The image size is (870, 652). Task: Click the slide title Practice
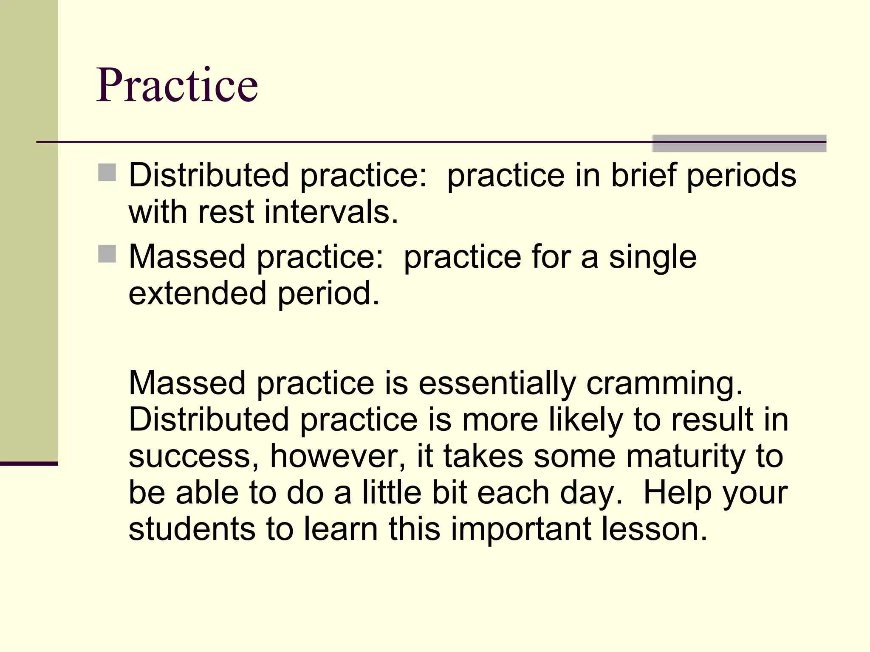177,86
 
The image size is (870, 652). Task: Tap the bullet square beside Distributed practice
107,173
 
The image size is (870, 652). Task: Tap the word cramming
665,383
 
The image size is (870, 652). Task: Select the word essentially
497,383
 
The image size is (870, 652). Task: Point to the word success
194,456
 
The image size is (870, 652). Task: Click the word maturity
685,456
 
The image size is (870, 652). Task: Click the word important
521,529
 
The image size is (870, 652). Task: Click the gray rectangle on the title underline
739,143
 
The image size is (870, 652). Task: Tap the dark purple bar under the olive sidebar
29,464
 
